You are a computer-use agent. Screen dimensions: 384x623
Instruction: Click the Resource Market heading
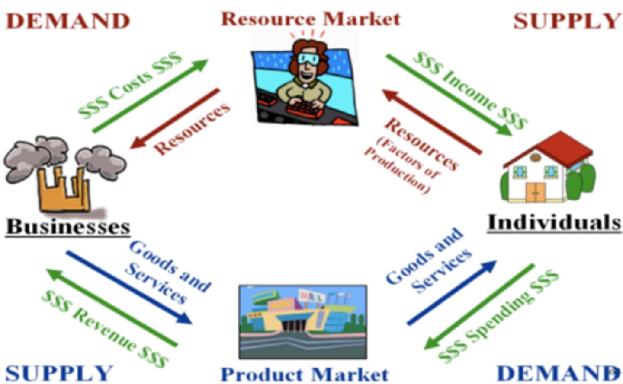pos(311,19)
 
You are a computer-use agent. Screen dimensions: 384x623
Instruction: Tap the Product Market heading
pos(305,374)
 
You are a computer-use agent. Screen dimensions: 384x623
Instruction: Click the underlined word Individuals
pos(554,222)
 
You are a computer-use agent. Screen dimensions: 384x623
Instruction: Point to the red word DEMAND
pos(68,21)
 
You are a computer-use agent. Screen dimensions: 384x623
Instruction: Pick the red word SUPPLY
pos(567,21)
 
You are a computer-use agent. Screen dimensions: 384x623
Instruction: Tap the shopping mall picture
pos(303,322)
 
